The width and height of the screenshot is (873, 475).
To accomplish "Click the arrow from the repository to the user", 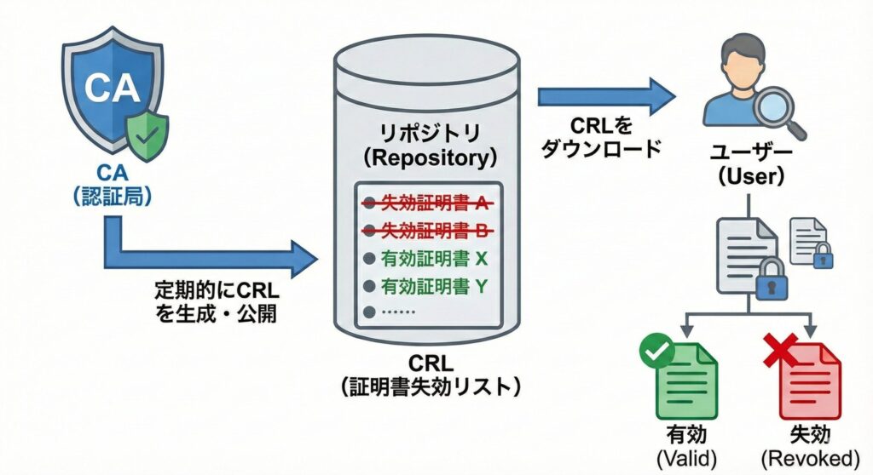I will click(x=605, y=96).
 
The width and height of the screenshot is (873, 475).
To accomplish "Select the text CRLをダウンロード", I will click(x=602, y=139).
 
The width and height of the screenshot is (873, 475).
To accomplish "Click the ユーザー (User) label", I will click(x=749, y=164).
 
